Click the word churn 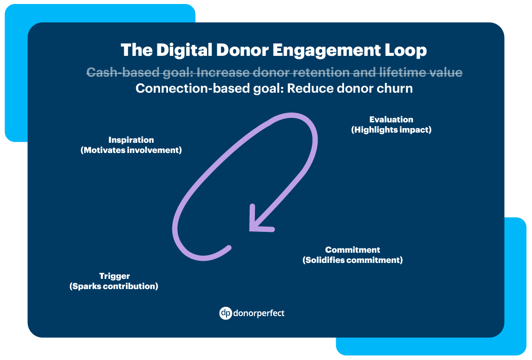pos(393,88)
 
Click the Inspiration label pos(131,140)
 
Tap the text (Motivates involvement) pos(131,150)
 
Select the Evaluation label pos(391,120)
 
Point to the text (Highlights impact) pos(391,130)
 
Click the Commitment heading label pos(352,250)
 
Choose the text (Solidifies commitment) pos(352,260)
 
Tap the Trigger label pos(114,276)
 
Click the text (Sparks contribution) pos(114,286)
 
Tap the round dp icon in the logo pos(226,313)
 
